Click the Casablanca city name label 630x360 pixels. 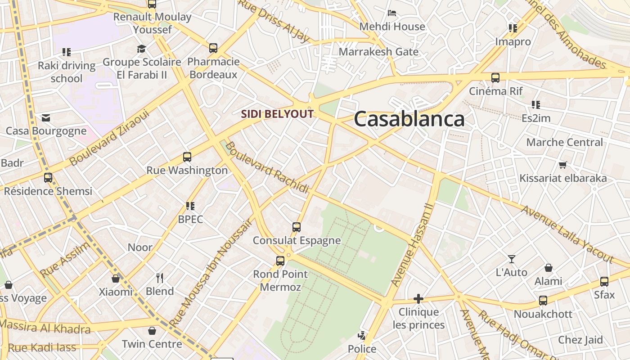point(409,120)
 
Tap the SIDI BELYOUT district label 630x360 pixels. point(277,114)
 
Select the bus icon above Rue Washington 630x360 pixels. point(187,157)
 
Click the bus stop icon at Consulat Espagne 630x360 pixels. point(296,227)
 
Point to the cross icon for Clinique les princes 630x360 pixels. point(418,298)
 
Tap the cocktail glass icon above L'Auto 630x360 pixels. point(511,259)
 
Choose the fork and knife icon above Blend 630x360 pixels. point(159,278)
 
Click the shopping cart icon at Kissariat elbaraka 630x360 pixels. point(562,165)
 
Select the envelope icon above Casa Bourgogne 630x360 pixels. point(46,118)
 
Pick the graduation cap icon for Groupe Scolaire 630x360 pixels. point(142,49)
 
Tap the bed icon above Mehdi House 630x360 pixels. point(392,13)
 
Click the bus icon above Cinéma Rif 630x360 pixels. point(495,77)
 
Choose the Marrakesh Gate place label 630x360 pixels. point(378,52)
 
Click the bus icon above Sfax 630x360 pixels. point(604,282)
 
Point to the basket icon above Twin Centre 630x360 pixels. point(152,331)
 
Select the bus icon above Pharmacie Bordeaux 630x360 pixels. point(213,48)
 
